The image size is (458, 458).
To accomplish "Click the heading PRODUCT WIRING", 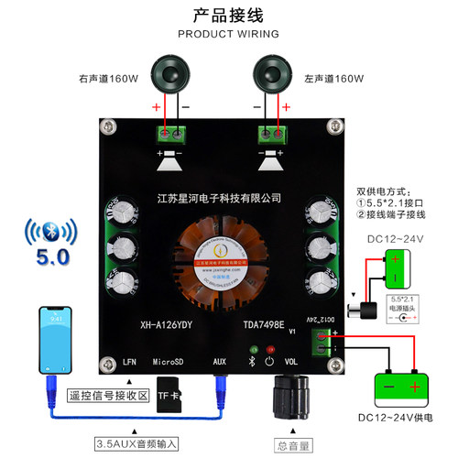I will (227, 34).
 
